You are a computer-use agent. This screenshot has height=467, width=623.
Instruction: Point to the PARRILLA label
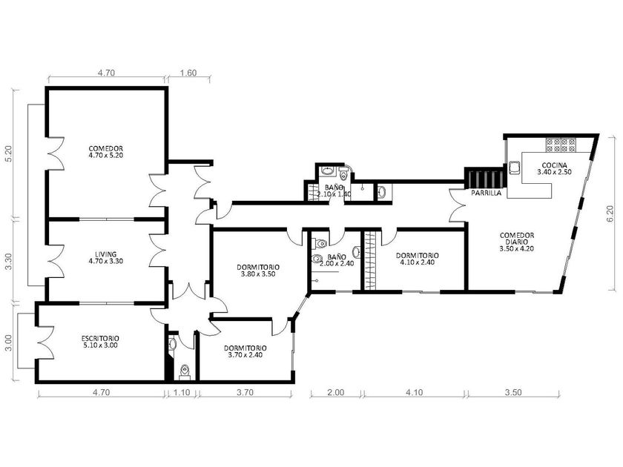[486, 193]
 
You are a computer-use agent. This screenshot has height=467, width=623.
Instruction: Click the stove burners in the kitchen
[561, 145]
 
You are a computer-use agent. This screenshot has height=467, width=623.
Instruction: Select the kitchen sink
[515, 168]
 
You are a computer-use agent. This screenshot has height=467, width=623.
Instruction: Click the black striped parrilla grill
[484, 177]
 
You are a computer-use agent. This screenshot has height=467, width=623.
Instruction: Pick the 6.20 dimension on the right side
[610, 213]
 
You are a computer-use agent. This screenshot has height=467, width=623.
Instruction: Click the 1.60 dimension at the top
[188, 73]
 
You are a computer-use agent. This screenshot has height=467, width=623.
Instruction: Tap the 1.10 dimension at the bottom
[182, 392]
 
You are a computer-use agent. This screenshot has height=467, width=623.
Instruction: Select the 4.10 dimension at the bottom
[414, 392]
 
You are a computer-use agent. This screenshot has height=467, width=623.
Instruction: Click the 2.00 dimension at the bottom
[336, 392]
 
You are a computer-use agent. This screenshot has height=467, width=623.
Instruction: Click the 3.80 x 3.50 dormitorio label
[258, 271]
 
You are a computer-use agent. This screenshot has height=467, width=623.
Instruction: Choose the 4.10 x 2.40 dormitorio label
[417, 259]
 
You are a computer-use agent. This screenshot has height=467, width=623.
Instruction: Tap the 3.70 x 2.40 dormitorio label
[245, 351]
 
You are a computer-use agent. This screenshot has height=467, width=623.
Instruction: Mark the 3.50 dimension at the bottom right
[513, 392]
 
